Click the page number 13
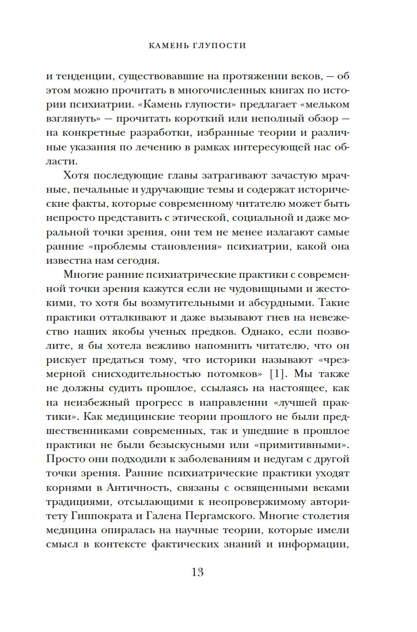click(x=198, y=572)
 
